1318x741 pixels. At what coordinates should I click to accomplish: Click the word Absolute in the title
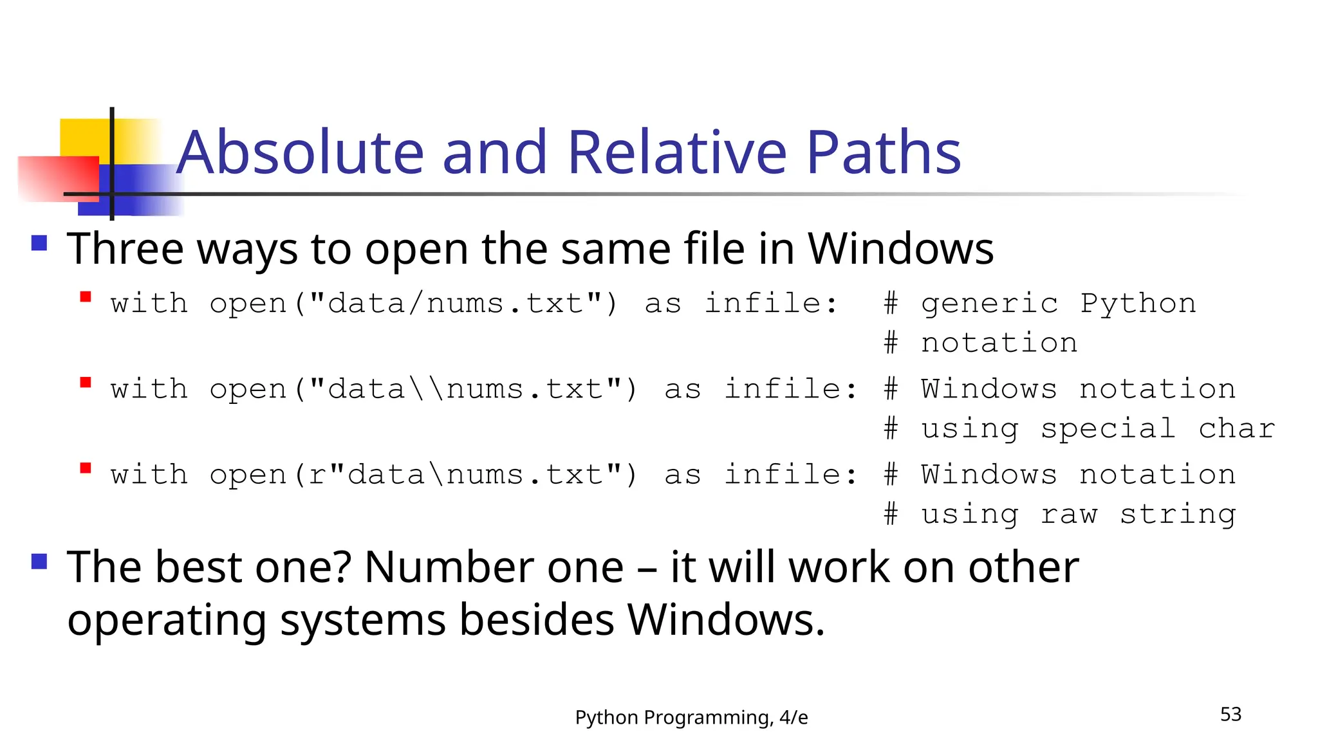pos(301,152)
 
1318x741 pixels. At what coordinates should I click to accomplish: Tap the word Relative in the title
pos(677,152)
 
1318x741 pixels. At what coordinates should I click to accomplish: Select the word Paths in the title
pos(884,152)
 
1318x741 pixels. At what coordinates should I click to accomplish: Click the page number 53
pos(1230,714)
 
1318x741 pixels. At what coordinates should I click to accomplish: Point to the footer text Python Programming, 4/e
pos(691,717)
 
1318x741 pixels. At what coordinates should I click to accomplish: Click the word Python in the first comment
pos(1138,303)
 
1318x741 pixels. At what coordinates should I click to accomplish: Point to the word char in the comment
pos(1236,428)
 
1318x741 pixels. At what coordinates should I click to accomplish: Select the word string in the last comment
pos(1178,514)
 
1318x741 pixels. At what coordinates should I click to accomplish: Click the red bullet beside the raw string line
pos(86,468)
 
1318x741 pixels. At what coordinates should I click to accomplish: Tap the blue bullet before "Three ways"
pos(39,242)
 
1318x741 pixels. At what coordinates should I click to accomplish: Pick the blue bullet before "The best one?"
pos(39,562)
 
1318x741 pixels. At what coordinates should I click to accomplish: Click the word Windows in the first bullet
pos(900,249)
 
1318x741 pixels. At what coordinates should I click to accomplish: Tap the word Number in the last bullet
pos(494,567)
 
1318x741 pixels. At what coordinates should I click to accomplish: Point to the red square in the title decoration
pos(58,178)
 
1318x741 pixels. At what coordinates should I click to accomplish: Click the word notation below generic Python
pos(999,343)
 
